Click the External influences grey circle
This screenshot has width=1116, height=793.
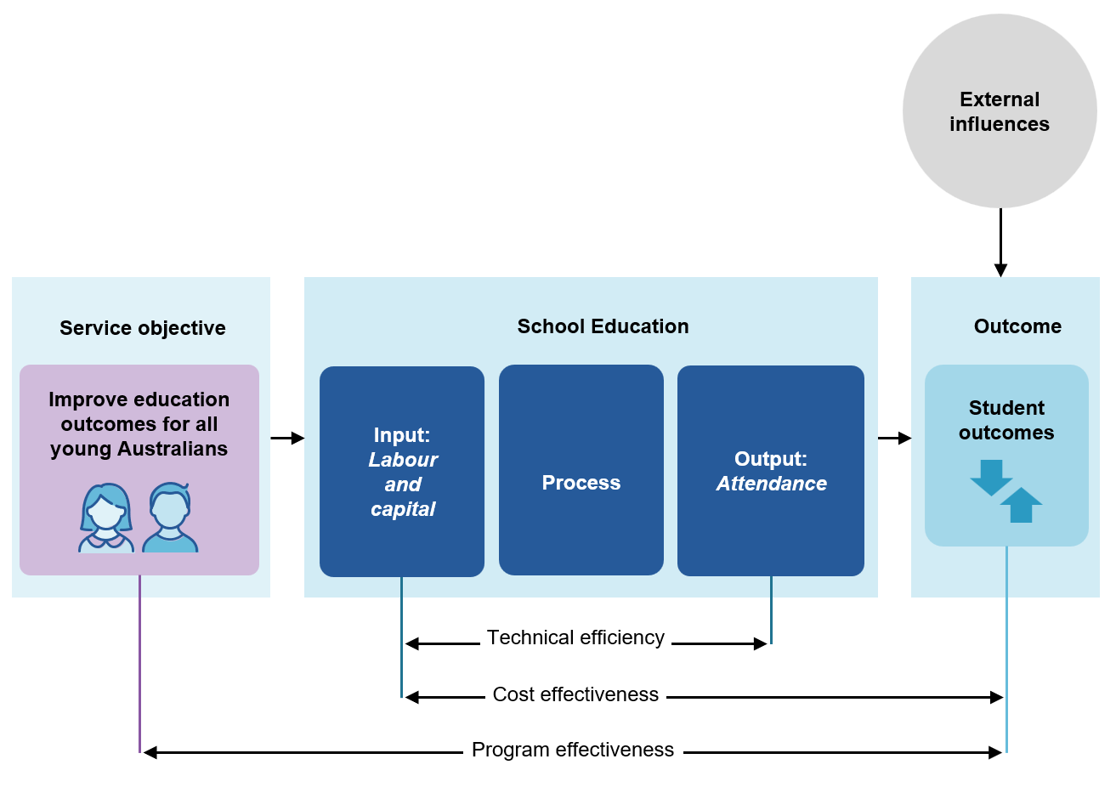point(1000,110)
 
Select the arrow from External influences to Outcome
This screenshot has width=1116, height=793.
point(1000,242)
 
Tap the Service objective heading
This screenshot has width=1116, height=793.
point(143,328)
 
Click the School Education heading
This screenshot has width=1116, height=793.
point(603,326)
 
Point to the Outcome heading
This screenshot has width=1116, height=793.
point(1017,326)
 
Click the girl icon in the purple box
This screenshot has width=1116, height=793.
point(106,518)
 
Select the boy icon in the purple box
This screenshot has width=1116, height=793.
point(170,518)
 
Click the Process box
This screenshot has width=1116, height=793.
point(581,471)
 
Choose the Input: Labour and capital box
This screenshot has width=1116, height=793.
point(402,472)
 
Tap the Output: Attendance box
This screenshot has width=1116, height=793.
point(771,471)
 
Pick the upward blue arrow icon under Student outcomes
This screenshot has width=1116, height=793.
point(1021,505)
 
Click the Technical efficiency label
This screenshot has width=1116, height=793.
point(575,637)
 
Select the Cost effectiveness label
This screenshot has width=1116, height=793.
point(575,694)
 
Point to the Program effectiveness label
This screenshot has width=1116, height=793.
point(573,750)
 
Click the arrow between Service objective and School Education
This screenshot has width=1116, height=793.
point(287,439)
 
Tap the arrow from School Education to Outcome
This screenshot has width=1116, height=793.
point(894,439)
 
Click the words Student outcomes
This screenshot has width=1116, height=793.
point(1006,420)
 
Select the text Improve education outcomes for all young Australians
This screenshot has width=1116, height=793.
point(139,424)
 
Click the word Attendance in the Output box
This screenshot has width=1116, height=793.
point(772,484)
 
